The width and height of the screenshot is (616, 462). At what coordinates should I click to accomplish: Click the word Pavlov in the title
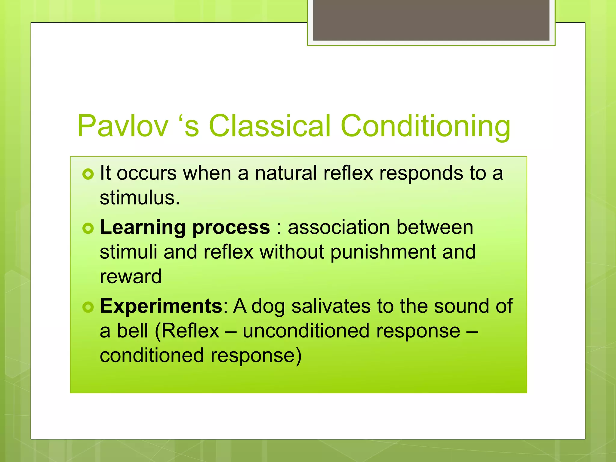click(x=122, y=126)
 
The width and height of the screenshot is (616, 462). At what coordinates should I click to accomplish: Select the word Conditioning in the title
click(x=425, y=126)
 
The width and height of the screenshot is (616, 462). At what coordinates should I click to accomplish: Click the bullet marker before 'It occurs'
click(x=88, y=174)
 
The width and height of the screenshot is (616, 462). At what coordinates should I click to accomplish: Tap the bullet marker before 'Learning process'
click(x=88, y=229)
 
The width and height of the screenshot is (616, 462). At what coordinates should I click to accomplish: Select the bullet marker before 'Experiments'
click(x=88, y=307)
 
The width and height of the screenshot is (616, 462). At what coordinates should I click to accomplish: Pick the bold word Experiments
click(x=161, y=307)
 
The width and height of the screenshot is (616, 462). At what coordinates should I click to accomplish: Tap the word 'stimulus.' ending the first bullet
click(x=140, y=199)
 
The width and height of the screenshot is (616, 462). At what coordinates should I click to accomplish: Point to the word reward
click(x=131, y=277)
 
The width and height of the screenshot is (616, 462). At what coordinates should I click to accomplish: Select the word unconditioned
click(x=306, y=331)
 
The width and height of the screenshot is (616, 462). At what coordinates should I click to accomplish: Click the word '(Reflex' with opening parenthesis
click(x=187, y=331)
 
